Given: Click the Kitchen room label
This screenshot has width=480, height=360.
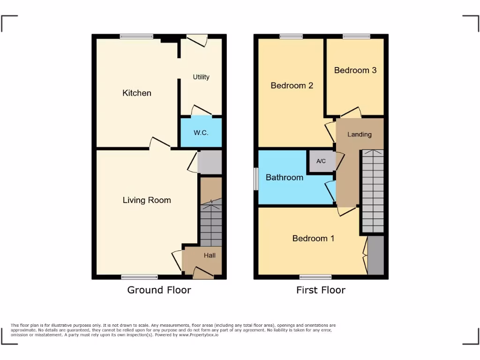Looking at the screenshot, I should tap(137, 93).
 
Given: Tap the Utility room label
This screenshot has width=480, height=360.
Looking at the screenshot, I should tap(201, 77).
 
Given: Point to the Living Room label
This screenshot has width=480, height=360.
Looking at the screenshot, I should tap(147, 200).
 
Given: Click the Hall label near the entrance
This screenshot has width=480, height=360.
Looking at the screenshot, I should tap(210, 255).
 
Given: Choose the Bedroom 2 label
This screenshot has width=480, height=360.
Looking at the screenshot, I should tap(292, 85).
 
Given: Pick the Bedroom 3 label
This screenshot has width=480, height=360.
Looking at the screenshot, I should tap(355, 70).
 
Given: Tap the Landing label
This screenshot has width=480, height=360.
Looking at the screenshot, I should tap(360, 135).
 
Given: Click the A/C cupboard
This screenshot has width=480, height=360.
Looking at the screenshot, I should tap(321, 161).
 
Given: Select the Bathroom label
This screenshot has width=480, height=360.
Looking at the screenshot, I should tap(285, 178).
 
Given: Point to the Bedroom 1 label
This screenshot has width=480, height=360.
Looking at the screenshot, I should tap(313, 238).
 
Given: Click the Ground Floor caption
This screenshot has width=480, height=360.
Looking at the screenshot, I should tap(159, 290).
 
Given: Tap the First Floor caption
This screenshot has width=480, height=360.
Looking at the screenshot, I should tap(321, 290).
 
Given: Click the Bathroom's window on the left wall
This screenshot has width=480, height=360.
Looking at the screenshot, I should tap(256, 179).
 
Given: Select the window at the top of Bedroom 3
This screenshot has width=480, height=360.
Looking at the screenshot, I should tap(356, 37).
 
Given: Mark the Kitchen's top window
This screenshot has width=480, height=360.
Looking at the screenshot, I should tap(136, 37).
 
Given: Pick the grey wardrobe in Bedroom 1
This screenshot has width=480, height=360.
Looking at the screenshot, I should tap(375, 255).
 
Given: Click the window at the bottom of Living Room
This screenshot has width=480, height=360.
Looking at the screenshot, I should tap(140, 277).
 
